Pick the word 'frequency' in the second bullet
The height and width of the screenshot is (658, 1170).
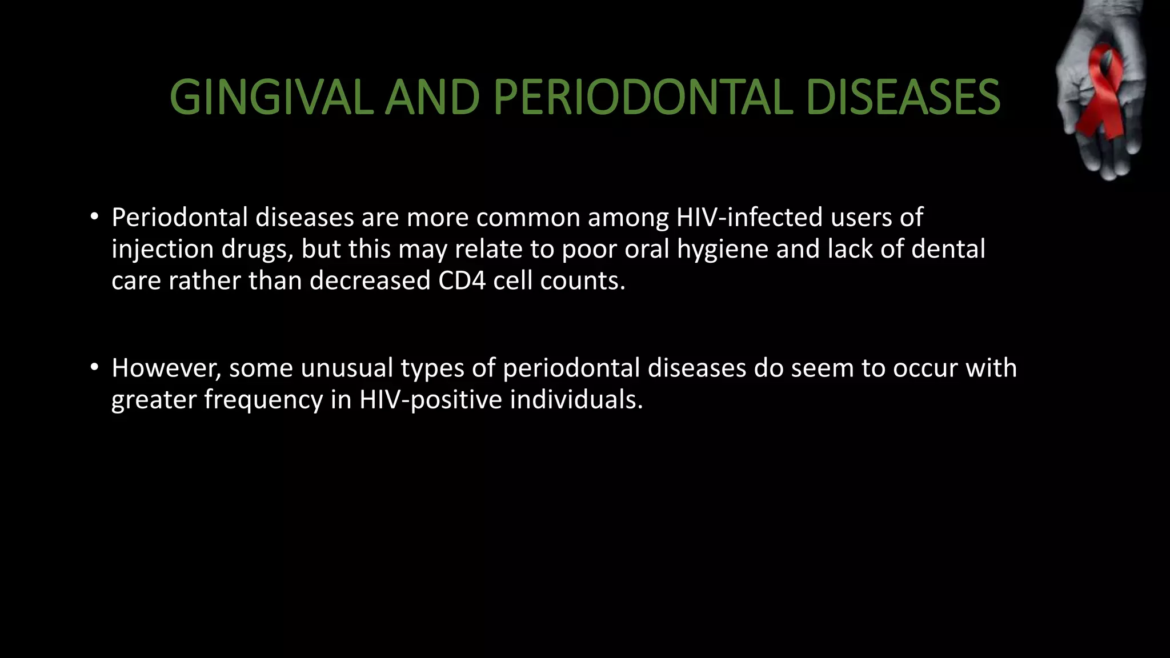point(263,399)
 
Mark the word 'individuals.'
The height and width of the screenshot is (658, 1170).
point(576,399)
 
